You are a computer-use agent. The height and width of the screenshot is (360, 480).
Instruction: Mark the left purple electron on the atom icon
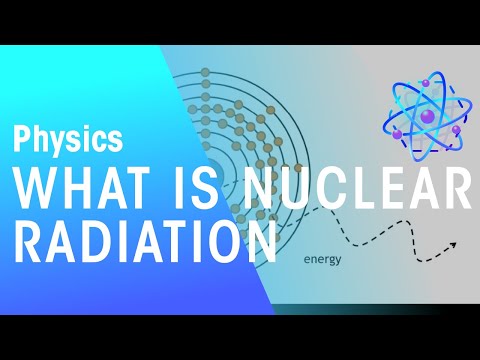pyautogui.click(x=397, y=134)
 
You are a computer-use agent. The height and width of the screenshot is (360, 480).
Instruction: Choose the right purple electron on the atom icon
pyautogui.click(x=456, y=130)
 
